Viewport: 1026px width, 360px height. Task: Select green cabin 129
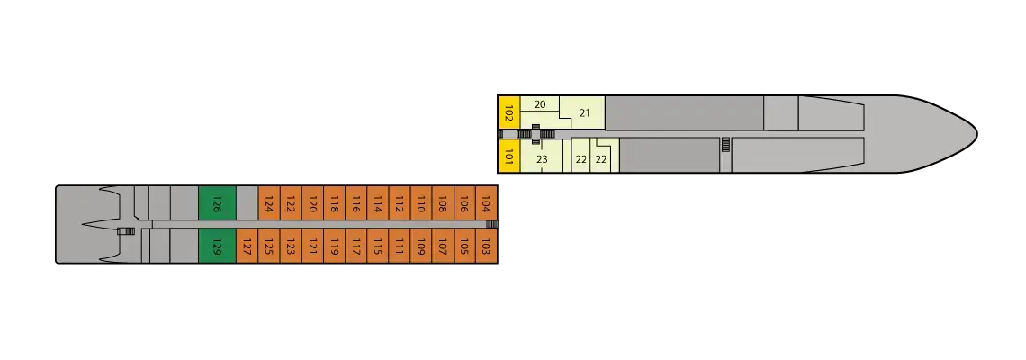click(x=217, y=246)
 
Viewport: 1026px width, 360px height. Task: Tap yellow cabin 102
click(x=509, y=113)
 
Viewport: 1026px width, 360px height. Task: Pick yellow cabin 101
click(x=509, y=157)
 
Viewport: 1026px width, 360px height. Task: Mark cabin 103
click(x=486, y=246)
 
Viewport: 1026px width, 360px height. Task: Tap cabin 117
click(x=356, y=246)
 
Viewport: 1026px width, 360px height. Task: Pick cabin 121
click(x=312, y=246)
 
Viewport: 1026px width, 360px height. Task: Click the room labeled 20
click(x=540, y=104)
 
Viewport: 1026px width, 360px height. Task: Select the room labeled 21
click(x=583, y=113)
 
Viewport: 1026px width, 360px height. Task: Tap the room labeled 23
click(x=542, y=159)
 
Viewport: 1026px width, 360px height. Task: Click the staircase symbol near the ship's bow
click(x=725, y=145)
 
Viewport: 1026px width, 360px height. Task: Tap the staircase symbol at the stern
click(x=128, y=231)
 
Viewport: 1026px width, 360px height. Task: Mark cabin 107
click(x=443, y=246)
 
